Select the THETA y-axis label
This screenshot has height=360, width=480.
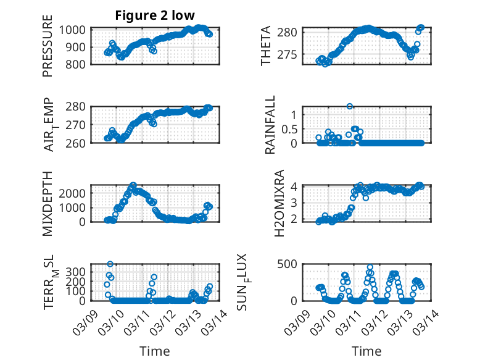[266, 45]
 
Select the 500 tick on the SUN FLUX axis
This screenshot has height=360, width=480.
[293, 264]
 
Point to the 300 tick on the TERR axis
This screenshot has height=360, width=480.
[78, 271]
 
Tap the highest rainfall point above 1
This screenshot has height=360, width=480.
[350, 106]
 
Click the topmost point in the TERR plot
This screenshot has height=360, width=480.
[110, 264]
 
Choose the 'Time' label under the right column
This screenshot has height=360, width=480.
[366, 351]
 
